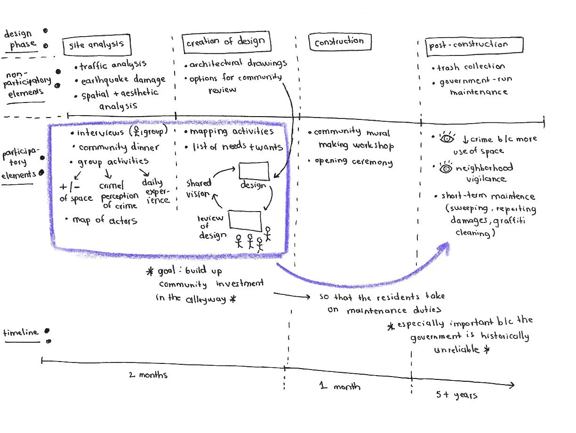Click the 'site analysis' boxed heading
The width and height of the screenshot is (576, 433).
96,45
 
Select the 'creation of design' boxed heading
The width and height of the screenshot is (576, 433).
225,42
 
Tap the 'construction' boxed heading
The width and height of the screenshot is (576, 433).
339,42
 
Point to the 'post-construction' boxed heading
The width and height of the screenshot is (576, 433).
469,45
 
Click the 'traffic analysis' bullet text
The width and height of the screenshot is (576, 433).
113,65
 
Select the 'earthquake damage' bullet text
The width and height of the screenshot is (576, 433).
123,80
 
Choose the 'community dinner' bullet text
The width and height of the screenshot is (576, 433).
119,147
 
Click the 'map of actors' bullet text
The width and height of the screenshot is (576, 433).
104,220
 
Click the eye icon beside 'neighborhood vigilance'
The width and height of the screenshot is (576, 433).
445,168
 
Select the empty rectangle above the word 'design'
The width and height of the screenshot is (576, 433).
254,171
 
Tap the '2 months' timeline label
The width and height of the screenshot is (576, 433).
148,375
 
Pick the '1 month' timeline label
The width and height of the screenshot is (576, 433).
340,386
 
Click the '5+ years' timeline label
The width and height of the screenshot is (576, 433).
456,395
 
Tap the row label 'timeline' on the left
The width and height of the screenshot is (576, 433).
21,333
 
